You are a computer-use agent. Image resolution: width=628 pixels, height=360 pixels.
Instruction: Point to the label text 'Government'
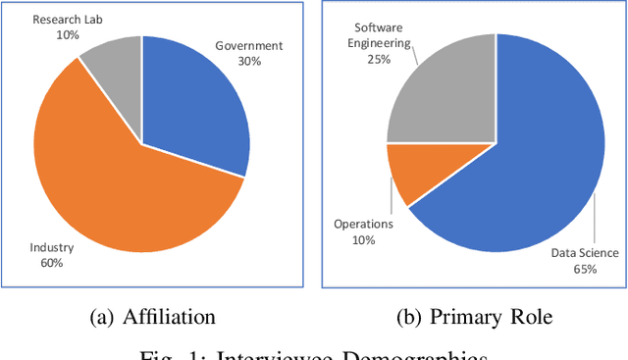pyautogui.click(x=249, y=45)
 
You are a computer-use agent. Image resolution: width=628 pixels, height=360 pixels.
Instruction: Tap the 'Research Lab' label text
pyautogui.click(x=69, y=19)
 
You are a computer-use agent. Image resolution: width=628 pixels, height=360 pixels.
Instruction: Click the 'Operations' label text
pyautogui.click(x=362, y=224)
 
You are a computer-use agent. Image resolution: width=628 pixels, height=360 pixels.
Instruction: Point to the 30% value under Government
pyautogui.click(x=249, y=61)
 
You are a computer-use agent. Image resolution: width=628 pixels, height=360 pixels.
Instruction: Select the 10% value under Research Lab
pyautogui.click(x=69, y=34)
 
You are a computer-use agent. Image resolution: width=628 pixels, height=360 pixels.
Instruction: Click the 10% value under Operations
pyautogui.click(x=362, y=239)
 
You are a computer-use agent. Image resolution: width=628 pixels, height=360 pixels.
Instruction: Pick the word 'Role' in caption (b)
pyautogui.click(x=530, y=317)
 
